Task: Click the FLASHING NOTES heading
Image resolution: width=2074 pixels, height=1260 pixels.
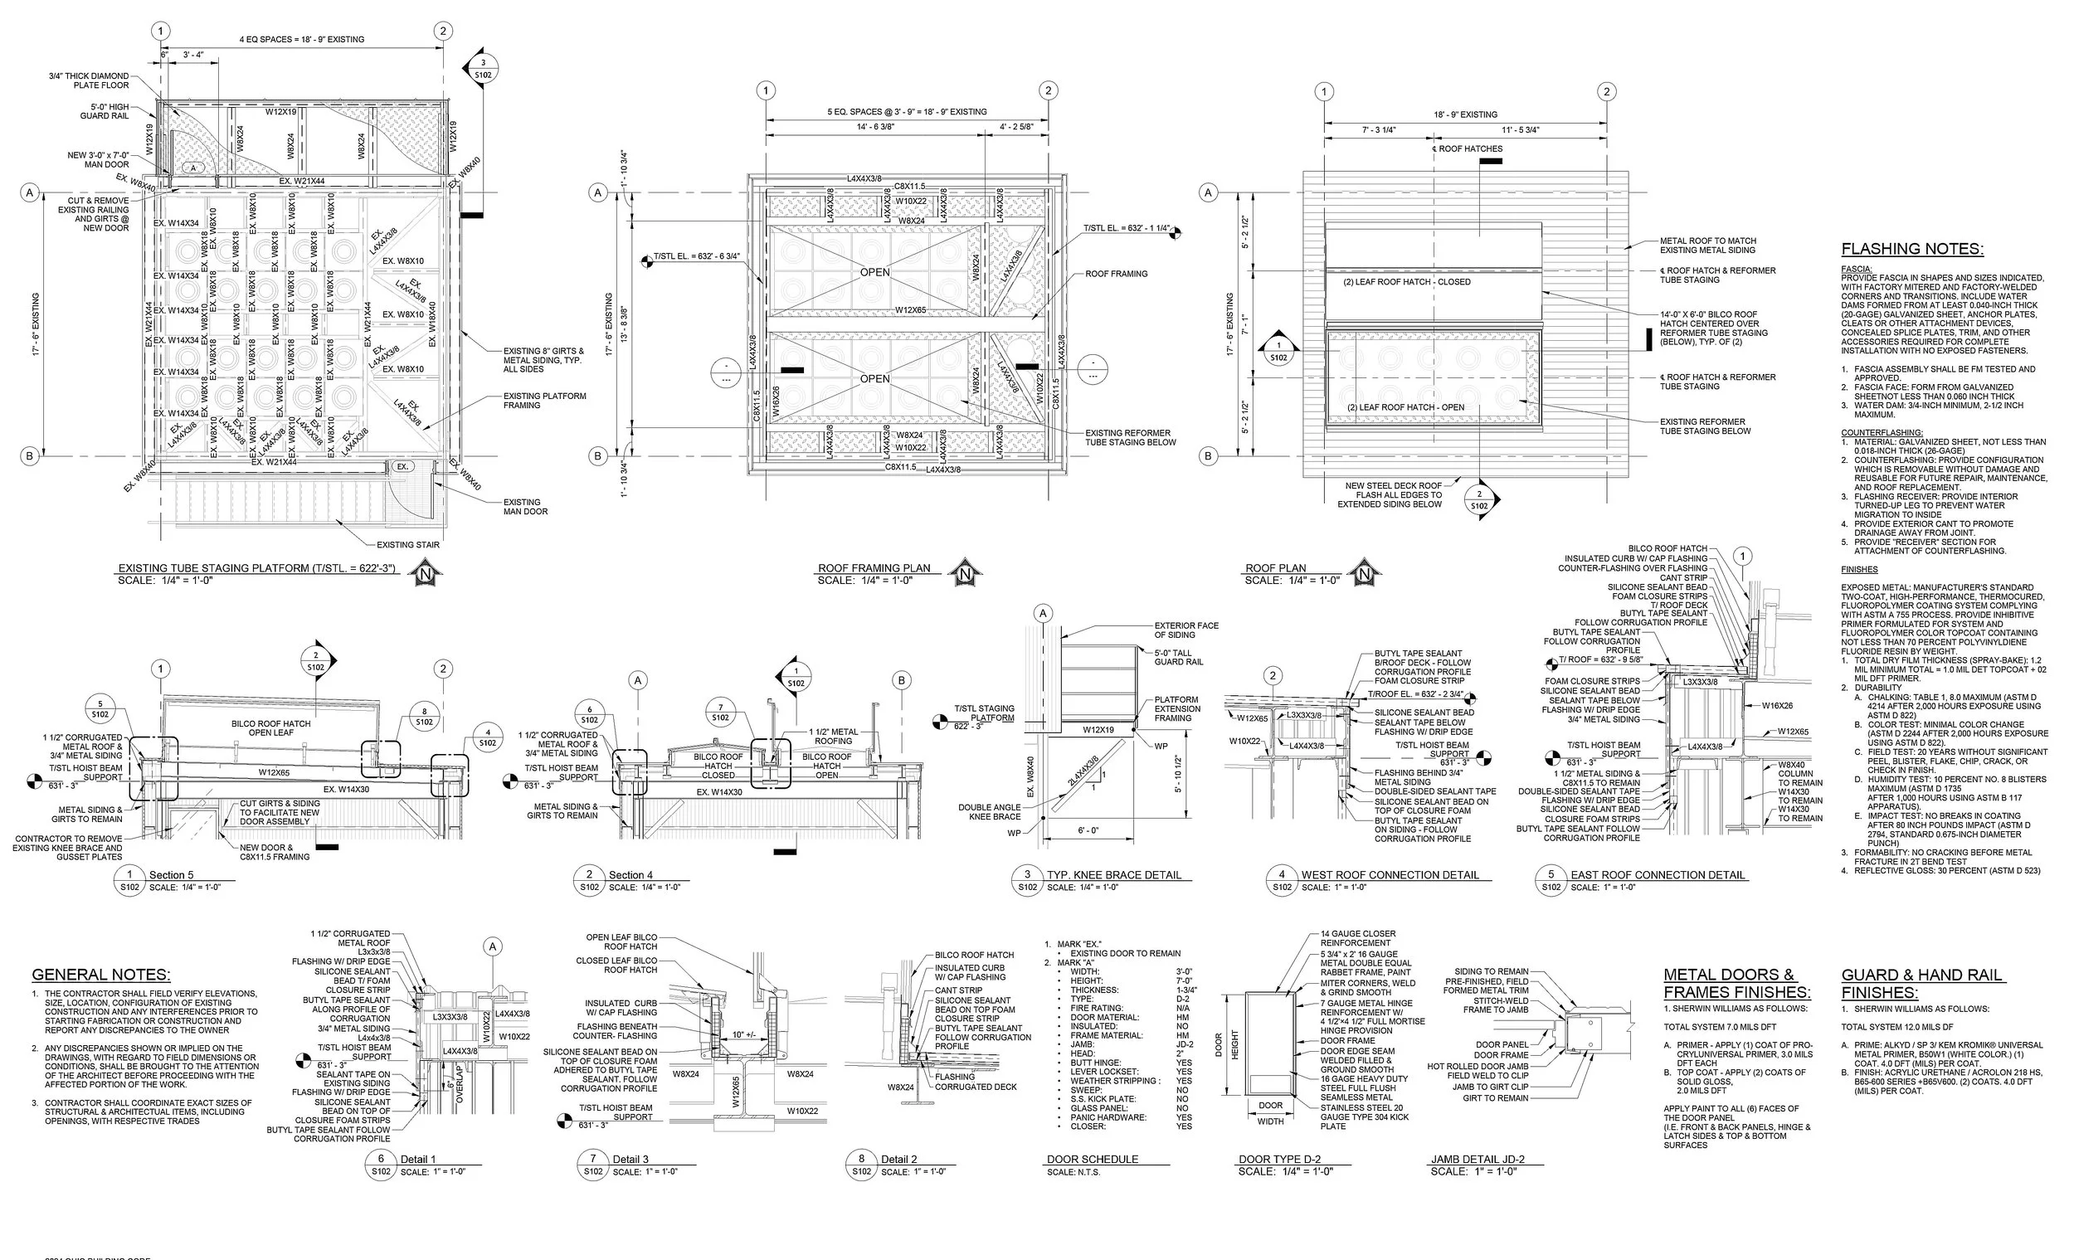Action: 1911,249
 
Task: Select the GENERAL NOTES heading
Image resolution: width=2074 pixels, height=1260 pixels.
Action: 101,975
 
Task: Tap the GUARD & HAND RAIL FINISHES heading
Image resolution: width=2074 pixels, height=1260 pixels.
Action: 1921,984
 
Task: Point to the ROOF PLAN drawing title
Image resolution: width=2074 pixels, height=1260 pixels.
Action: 1275,568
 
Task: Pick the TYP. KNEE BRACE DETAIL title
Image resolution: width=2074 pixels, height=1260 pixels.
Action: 1113,875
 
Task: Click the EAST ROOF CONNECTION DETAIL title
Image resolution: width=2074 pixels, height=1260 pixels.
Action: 1658,875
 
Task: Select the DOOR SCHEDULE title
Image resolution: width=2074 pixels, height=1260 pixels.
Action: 1092,1159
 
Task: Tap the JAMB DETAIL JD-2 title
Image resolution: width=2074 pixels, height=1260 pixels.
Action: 1478,1159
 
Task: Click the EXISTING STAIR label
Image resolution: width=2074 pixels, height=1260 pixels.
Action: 408,545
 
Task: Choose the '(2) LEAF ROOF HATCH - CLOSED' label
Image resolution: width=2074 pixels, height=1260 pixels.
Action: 1406,282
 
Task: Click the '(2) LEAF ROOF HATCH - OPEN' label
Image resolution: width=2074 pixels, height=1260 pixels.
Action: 1405,407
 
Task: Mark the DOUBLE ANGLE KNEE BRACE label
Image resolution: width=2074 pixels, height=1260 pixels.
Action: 989,812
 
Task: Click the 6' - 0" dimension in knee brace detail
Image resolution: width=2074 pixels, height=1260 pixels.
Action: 1088,831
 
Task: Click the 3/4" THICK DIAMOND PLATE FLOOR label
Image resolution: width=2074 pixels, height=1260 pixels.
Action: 90,80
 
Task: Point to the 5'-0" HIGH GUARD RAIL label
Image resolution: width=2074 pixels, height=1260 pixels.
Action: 105,111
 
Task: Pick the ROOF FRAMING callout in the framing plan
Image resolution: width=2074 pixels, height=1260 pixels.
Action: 1116,275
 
